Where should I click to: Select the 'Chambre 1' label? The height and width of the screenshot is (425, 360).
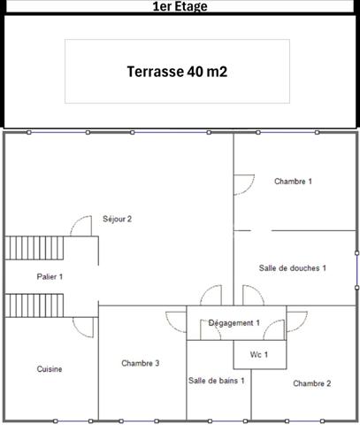click(x=293, y=181)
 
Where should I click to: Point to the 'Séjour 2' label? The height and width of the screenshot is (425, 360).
click(x=117, y=219)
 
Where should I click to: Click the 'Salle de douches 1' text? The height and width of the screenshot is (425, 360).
click(x=293, y=267)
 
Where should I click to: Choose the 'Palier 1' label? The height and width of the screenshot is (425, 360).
click(x=50, y=277)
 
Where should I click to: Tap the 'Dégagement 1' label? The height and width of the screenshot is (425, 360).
click(x=234, y=323)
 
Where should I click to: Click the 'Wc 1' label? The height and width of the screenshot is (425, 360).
click(x=259, y=354)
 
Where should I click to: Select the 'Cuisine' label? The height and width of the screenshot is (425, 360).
click(x=50, y=368)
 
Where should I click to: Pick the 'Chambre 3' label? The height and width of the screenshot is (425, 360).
click(x=141, y=363)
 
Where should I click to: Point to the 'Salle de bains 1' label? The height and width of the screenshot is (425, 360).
click(x=216, y=380)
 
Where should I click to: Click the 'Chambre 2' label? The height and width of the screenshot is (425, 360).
click(x=312, y=383)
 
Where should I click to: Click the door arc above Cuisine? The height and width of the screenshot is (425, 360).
click(x=83, y=328)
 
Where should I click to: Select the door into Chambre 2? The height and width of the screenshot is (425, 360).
click(x=296, y=317)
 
